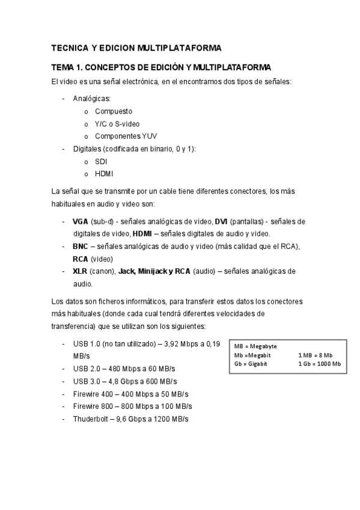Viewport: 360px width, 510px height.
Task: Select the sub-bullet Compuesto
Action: [114, 111]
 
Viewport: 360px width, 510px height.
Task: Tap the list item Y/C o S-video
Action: [117, 123]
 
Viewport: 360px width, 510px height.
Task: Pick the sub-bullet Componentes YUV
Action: [126, 136]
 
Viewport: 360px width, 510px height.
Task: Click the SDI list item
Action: [100, 161]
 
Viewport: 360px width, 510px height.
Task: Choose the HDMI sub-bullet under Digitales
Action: [104, 174]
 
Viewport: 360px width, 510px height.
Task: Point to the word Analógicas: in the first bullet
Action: [92, 99]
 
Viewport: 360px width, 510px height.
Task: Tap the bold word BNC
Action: [80, 247]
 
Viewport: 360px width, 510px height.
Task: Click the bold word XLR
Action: [80, 271]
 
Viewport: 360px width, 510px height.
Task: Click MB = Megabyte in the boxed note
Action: [255, 346]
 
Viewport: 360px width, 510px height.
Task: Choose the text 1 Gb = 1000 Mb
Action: [319, 364]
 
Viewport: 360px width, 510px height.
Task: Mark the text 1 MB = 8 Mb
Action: [315, 355]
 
